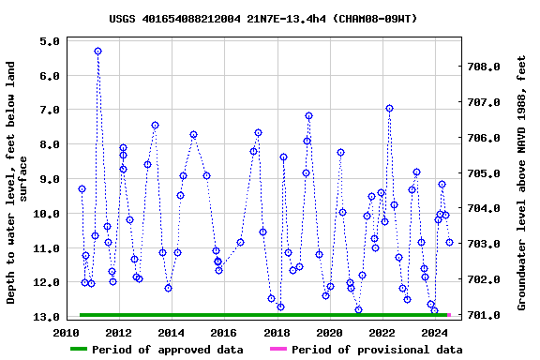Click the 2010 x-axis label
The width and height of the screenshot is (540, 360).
point(66,333)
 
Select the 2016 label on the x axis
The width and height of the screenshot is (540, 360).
point(224,333)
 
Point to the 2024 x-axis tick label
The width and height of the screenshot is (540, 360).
point(435,333)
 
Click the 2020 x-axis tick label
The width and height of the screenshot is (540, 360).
point(330,333)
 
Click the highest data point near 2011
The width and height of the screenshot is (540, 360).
point(97,51)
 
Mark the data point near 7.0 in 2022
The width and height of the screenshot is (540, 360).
point(389,108)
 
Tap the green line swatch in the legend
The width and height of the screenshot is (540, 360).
point(91,350)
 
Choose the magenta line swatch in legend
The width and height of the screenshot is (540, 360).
point(278,350)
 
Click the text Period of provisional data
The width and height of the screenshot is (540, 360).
point(377,350)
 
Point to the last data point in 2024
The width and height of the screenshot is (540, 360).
point(449,242)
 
